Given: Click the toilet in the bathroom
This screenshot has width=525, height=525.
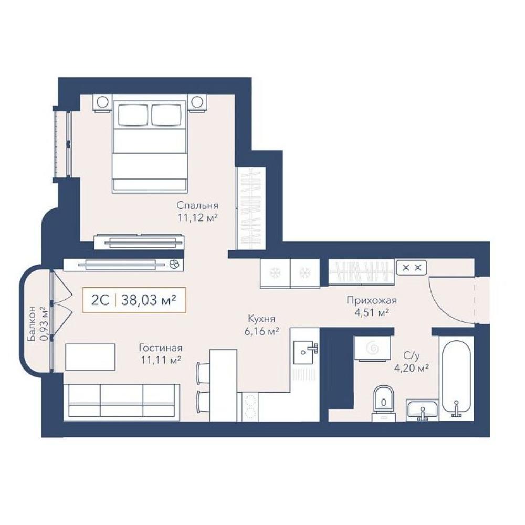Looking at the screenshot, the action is [383, 403].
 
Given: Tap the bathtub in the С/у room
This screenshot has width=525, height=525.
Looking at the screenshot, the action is [456, 379].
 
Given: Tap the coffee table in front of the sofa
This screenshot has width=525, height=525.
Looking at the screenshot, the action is [90, 356].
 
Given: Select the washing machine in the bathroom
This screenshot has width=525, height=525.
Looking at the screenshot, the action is [373, 348].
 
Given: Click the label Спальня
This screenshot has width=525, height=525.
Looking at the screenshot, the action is [197, 205].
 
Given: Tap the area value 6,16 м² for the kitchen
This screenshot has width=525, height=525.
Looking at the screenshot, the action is [261, 331].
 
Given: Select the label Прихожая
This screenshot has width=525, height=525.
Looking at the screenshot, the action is [372, 300].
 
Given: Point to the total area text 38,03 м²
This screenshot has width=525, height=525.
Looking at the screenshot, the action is [149, 300].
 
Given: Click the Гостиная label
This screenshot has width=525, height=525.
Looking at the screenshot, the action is [161, 348].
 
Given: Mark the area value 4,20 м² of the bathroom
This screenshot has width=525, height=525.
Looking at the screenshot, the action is [412, 369].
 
